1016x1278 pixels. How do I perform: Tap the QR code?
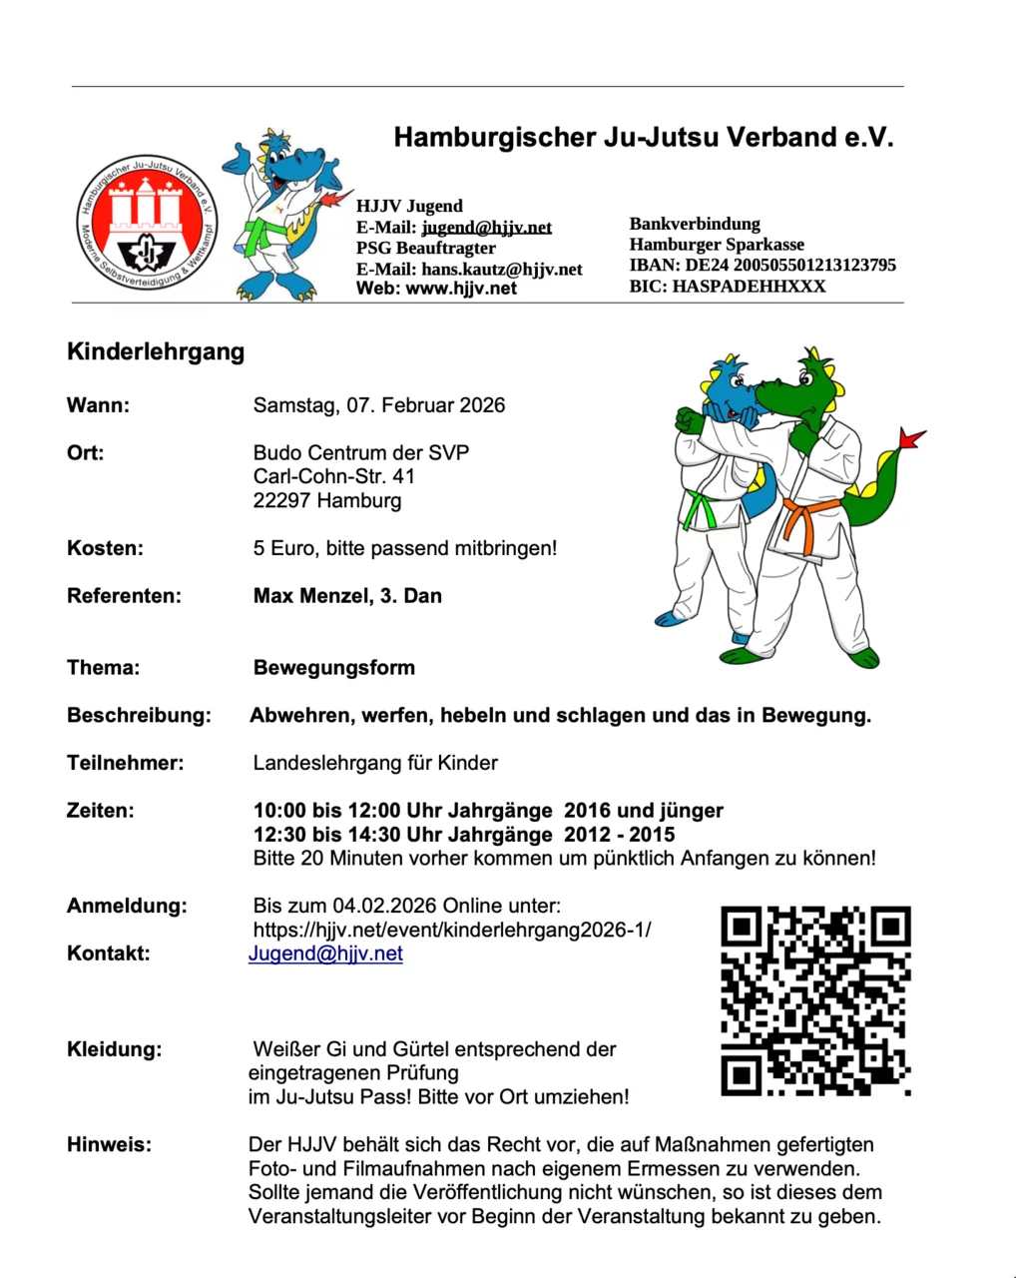click(815, 1000)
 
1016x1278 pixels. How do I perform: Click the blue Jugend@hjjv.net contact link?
click(325, 954)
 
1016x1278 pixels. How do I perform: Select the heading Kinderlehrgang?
click(156, 351)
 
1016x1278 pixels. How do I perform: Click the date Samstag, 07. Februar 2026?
click(379, 405)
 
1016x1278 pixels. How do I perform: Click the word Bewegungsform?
click(334, 668)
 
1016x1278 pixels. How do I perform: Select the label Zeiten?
click(100, 811)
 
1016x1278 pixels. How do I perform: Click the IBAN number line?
click(762, 266)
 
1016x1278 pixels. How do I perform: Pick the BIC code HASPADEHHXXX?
click(749, 287)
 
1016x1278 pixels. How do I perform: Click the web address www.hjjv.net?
click(461, 289)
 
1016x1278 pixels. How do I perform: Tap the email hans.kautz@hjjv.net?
click(501, 269)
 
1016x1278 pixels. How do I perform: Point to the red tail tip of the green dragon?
click(910, 439)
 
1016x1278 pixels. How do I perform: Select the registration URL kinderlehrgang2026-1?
click(452, 930)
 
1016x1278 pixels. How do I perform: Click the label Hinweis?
click(110, 1145)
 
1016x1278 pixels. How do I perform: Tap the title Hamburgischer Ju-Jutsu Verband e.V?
click(644, 138)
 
